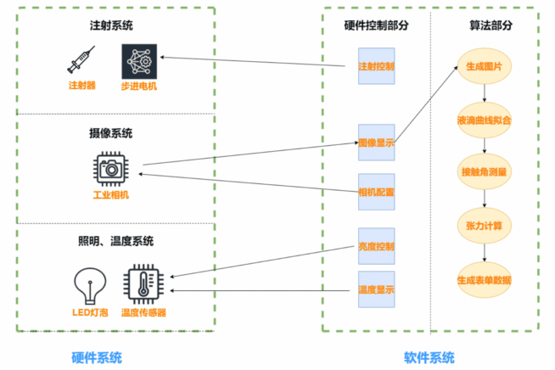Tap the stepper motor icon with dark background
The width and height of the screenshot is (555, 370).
click(140, 60)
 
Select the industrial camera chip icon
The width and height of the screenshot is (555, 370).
click(109, 169)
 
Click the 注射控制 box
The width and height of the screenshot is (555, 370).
click(376, 65)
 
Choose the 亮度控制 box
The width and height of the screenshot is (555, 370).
click(376, 246)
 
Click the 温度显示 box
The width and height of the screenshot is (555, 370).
click(376, 290)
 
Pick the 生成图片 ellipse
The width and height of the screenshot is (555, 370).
click(484, 66)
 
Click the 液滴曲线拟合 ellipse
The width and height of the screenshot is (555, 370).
click(484, 120)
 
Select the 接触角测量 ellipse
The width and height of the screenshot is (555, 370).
click(484, 172)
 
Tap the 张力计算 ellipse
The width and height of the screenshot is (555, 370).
click(484, 226)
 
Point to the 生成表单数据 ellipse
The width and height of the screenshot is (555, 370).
click(484, 280)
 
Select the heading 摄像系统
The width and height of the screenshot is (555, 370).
click(110, 132)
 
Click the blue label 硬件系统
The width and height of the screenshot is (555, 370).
click(96, 356)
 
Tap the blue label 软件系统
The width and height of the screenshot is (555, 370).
click(429, 356)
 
